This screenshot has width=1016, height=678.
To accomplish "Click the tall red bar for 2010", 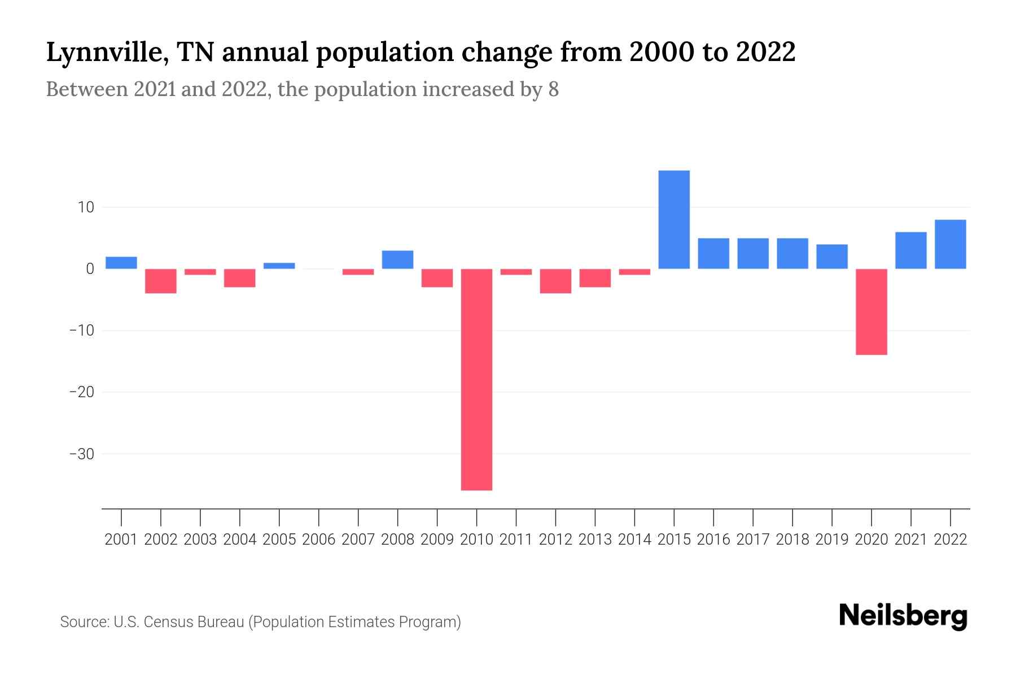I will point(476,379).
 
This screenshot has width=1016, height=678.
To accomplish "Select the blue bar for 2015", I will point(674,219).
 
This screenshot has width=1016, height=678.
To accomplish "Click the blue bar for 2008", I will point(397,259).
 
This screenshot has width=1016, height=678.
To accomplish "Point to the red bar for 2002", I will point(161,281).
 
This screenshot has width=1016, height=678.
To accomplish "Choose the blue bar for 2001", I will point(121,263).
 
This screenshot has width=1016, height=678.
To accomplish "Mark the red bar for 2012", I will point(555,281).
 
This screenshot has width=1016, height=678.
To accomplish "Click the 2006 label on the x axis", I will point(319,540).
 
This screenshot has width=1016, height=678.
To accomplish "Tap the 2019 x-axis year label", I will point(832,540).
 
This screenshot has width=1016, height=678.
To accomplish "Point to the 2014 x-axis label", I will point(634,540).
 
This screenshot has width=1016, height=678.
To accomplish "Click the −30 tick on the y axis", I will point(81,454).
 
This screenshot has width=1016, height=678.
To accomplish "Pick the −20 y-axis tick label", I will point(81,392).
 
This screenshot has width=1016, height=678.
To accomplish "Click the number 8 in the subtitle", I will point(553,90).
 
